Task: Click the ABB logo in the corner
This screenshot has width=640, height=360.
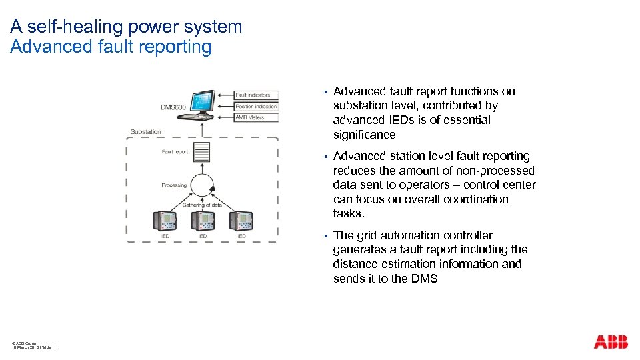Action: click(611, 342)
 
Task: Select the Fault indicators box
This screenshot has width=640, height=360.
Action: click(255, 95)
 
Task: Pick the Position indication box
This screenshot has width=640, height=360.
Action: click(255, 107)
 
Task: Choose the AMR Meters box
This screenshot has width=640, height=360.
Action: click(255, 117)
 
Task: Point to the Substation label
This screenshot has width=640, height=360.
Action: click(145, 131)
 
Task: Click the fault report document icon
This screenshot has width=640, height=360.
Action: click(201, 153)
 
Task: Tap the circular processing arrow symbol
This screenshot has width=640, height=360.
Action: click(201, 185)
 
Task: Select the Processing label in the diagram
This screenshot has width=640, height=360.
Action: click(174, 185)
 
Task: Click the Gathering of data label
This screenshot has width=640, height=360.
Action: click(202, 205)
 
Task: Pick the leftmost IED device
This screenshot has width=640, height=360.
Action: click(164, 221)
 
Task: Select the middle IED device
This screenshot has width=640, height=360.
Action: click(203, 221)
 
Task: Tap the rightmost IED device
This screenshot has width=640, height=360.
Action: click(241, 221)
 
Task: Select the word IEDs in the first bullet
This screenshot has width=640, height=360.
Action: click(403, 120)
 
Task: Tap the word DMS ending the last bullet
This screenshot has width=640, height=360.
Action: click(424, 279)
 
